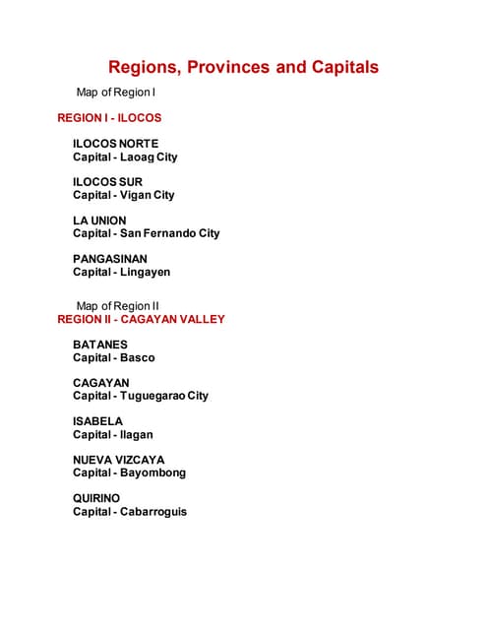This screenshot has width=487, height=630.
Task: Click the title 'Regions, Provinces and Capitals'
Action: click(243, 67)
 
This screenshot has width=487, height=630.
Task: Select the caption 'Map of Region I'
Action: click(116, 93)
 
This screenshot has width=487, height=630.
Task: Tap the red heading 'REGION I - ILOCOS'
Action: click(109, 118)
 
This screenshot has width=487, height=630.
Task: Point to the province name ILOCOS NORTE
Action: click(115, 144)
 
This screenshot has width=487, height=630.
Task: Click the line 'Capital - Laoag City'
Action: click(125, 157)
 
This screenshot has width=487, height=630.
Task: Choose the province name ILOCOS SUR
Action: click(107, 182)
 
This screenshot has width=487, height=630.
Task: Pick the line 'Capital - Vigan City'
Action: click(123, 195)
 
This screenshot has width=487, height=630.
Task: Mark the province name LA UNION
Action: click(99, 220)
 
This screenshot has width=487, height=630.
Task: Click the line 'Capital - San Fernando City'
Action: click(146, 233)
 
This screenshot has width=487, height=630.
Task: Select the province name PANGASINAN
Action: click(110, 259)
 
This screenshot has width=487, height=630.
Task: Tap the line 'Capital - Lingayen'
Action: click(121, 272)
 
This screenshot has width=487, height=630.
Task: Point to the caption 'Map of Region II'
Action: click(118, 306)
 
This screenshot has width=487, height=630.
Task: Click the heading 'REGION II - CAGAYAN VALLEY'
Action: click(141, 319)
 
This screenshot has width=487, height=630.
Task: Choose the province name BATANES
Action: click(100, 345)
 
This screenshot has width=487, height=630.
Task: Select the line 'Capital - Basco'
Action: click(113, 357)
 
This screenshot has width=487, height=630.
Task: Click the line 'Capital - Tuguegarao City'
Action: click(141, 396)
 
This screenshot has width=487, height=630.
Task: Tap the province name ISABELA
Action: click(97, 421)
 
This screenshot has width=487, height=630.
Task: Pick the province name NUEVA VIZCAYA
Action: click(119, 460)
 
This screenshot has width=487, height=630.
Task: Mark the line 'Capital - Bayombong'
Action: click(129, 472)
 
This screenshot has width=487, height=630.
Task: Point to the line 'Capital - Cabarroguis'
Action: click(130, 512)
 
